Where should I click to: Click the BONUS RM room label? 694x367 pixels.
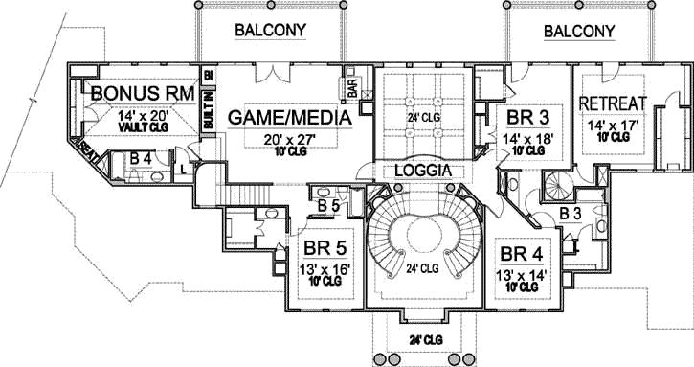(143, 94)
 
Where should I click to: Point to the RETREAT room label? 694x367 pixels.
(614, 103)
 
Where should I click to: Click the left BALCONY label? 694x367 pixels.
(271, 31)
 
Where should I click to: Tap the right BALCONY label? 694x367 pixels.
(579, 31)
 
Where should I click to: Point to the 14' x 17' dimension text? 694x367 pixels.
(614, 124)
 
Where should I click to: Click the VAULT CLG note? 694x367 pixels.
(145, 126)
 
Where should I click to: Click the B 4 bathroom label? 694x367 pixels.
(141, 157)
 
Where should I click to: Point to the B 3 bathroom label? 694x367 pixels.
(571, 212)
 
